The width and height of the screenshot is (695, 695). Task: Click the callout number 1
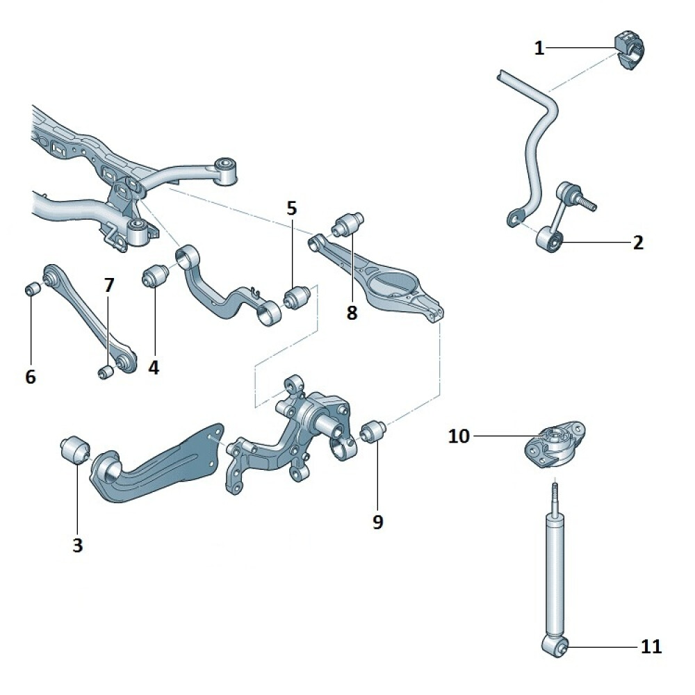point(539,48)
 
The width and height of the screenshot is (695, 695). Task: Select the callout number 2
point(638,243)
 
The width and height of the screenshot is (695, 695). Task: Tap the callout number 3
point(77,546)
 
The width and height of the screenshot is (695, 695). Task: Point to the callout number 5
point(291,207)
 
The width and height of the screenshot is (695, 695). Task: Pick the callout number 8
point(352,313)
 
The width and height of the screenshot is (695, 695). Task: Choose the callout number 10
point(459,436)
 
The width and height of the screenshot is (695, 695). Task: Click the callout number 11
point(651,647)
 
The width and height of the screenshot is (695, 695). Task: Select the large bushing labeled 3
point(74,450)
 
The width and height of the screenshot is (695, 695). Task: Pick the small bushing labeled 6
point(32,288)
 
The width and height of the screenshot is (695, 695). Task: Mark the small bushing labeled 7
point(106,373)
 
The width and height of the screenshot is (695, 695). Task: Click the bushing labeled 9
point(376,431)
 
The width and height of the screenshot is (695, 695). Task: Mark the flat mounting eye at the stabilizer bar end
point(514,218)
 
